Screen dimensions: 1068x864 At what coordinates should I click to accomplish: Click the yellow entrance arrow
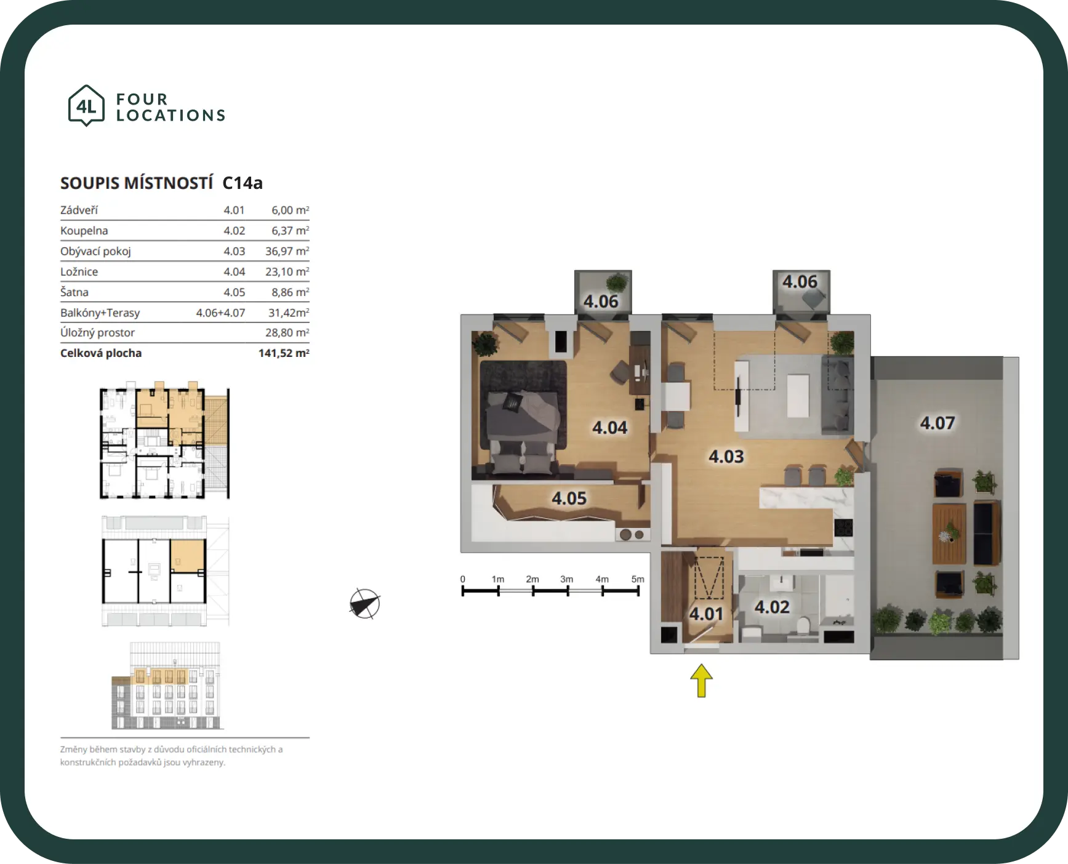click(701, 681)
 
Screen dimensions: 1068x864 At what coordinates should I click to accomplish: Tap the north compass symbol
click(365, 604)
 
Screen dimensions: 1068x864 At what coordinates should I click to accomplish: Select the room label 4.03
click(726, 457)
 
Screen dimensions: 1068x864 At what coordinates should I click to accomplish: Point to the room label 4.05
click(569, 498)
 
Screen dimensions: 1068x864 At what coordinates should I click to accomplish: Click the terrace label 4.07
click(938, 423)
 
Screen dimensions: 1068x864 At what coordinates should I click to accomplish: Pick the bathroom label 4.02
click(772, 607)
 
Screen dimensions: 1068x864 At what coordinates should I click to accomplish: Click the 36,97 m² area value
click(287, 251)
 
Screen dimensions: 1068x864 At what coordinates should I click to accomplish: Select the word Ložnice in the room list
click(79, 272)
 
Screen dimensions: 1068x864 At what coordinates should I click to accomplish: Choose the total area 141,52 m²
click(284, 353)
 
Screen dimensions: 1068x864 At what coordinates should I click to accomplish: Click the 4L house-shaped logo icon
click(86, 106)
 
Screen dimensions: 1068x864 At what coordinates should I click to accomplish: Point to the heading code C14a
click(243, 183)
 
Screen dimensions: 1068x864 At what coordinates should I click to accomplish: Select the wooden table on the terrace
click(949, 534)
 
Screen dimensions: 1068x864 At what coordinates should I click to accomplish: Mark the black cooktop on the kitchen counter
click(843, 527)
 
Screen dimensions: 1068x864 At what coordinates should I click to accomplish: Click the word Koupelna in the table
click(84, 231)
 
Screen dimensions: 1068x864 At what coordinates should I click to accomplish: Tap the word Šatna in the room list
click(74, 292)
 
